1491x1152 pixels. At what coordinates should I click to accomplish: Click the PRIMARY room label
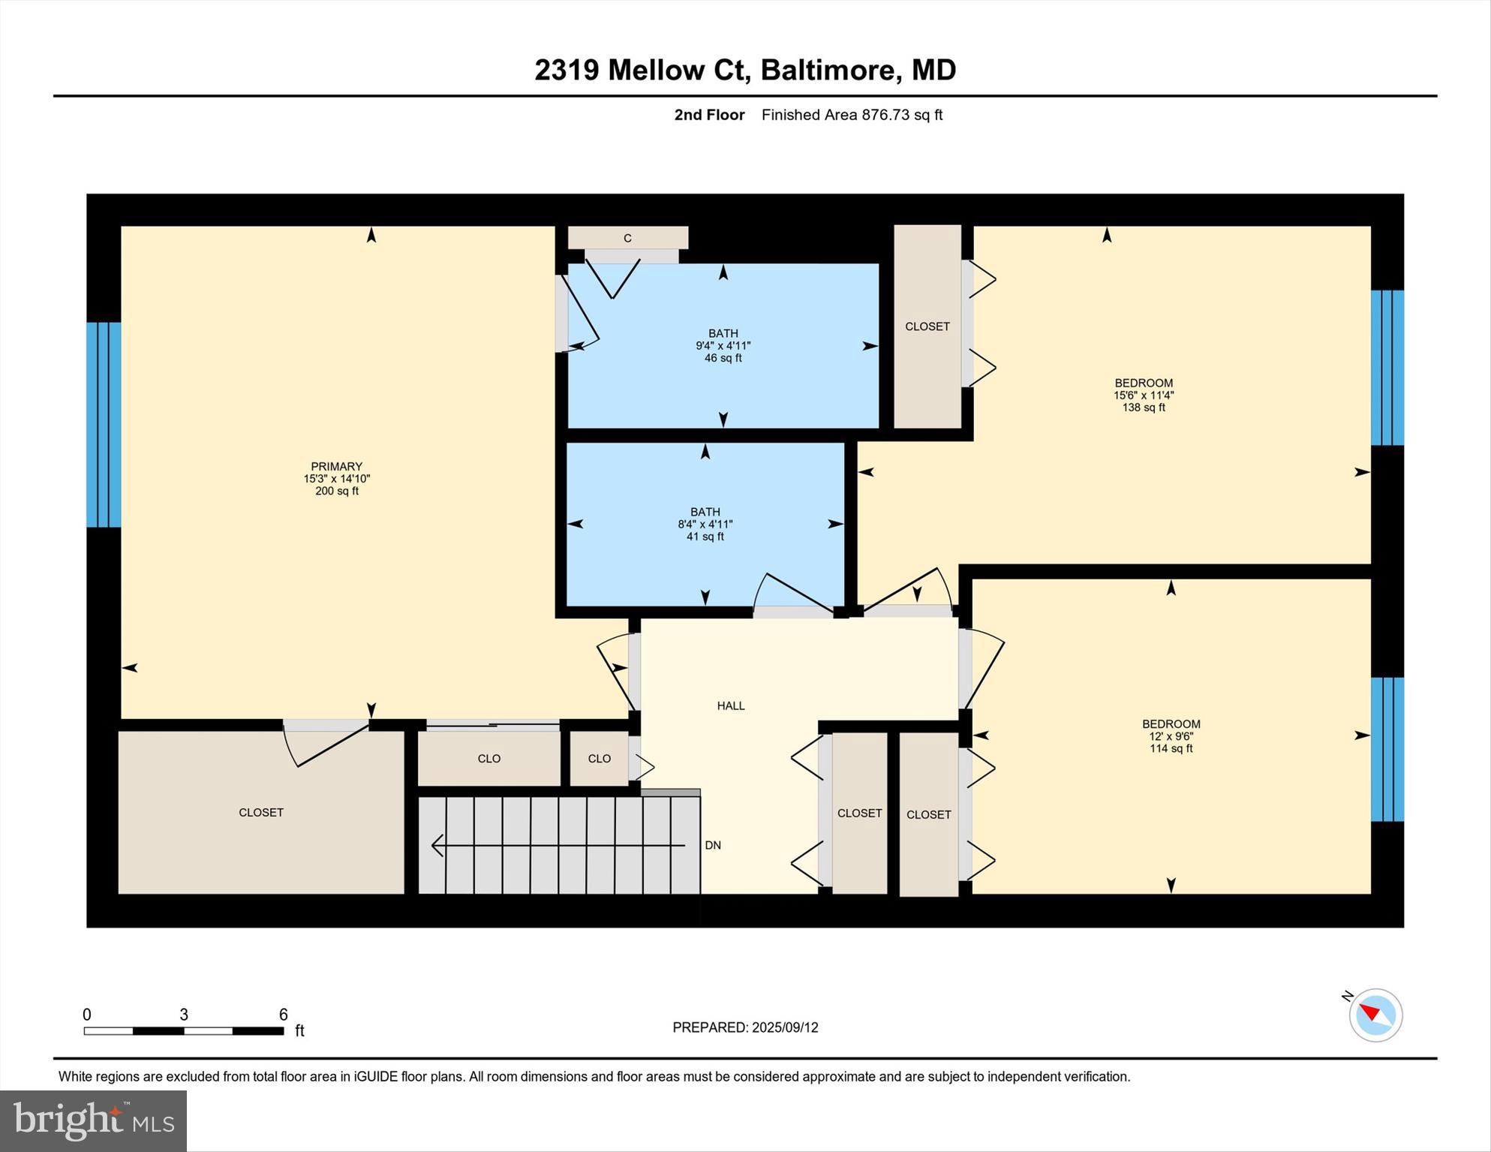[336, 466]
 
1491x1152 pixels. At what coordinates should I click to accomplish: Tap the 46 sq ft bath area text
[723, 358]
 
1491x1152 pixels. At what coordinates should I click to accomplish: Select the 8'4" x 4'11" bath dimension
[705, 525]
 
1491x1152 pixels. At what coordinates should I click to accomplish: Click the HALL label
[730, 705]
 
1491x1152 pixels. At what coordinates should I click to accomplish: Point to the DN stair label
[712, 845]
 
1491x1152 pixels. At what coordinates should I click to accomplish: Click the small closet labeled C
[627, 238]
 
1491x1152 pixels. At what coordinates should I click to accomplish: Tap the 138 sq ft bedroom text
[1143, 408]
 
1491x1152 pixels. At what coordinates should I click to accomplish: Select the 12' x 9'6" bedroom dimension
[1171, 736]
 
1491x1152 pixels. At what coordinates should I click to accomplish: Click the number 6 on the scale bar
[283, 1015]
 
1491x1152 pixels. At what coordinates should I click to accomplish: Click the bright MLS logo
[93, 1121]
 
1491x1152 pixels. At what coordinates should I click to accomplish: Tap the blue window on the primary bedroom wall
[104, 425]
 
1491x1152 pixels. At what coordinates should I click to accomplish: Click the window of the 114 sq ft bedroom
[1387, 749]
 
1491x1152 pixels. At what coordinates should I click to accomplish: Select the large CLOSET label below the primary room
[260, 812]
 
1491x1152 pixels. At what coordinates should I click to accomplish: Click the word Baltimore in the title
[830, 70]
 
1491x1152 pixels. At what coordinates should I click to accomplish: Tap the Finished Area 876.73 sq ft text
[852, 115]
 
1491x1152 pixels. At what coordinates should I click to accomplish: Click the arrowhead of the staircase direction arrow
[437, 846]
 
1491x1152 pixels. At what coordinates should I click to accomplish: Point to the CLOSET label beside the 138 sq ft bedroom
[927, 326]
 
